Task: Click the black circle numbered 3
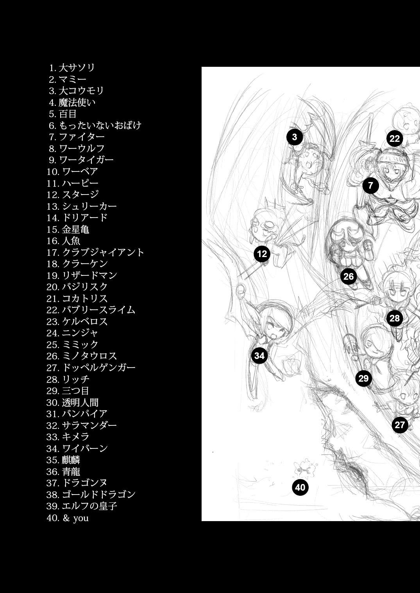tap(295, 137)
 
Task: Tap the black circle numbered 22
tap(395, 139)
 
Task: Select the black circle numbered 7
tap(370, 186)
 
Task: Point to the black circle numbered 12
tap(262, 254)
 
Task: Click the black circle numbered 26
tap(349, 276)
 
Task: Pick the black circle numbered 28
tap(395, 318)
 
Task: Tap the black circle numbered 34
tap(259, 355)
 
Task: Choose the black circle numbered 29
tap(363, 378)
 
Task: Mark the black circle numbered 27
tap(400, 425)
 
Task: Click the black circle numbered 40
tap(300, 488)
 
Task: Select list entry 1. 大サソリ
tap(72, 68)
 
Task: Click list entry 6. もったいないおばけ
tap(95, 125)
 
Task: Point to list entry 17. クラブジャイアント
tap(95, 252)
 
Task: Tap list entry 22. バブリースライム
tap(91, 310)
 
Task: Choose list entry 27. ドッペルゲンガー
tap(91, 368)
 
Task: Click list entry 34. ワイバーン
tap(77, 448)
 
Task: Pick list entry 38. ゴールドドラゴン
tap(91, 494)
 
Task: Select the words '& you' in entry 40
tap(76, 518)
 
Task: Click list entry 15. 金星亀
tap(68, 229)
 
